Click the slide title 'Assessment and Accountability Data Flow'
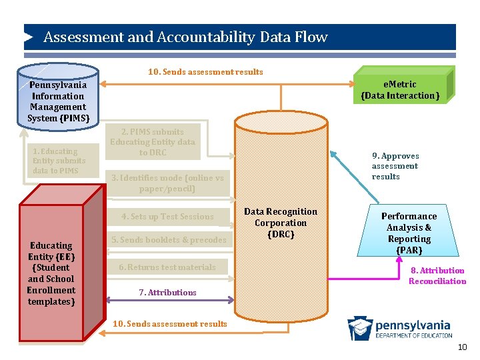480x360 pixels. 185,37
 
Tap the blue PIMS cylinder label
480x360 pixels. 58,101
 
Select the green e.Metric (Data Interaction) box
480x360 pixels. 400,90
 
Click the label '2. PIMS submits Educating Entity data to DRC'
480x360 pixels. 153,142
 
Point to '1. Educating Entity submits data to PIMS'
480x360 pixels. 59,161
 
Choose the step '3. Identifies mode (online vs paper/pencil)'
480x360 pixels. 167,183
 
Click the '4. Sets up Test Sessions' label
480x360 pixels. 167,217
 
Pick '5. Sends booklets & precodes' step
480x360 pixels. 168,240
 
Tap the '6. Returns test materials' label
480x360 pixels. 167,267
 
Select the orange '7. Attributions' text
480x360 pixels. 167,293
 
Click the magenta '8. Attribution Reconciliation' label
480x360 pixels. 437,276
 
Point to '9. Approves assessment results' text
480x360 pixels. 395,166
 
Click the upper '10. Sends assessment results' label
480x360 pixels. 205,72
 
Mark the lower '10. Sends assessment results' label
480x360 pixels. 170,324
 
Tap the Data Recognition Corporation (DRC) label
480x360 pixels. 281,223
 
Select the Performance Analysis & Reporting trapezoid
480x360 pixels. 409,233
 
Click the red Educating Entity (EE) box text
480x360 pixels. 51,273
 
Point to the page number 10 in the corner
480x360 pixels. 463,348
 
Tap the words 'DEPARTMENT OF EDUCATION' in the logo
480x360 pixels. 413,335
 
